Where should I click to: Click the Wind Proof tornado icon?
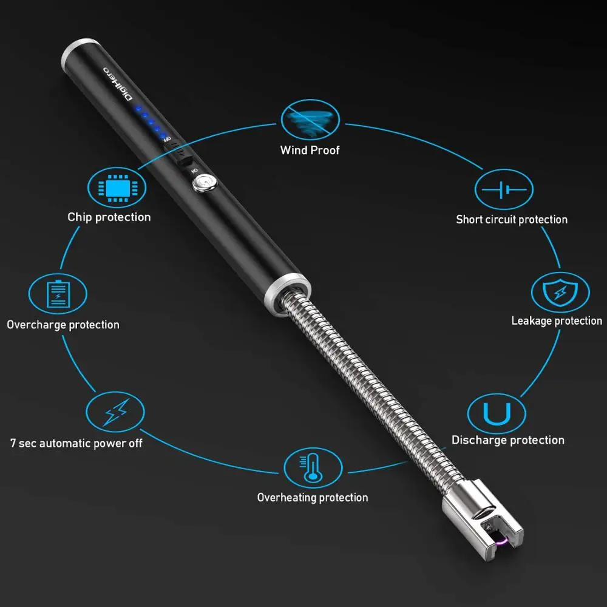[x=310, y=120]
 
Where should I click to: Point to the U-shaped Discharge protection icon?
[x=496, y=413]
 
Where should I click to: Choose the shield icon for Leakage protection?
[x=560, y=293]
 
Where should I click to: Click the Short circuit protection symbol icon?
[x=504, y=190]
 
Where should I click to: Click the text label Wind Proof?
[x=310, y=150]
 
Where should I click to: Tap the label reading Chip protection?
[x=109, y=217]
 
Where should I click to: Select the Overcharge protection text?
[x=63, y=325]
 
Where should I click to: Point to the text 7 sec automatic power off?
[x=76, y=443]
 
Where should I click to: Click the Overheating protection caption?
[x=313, y=498]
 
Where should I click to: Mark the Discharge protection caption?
[x=508, y=440]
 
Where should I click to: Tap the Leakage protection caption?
[x=557, y=320]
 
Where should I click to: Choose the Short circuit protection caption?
[x=512, y=219]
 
